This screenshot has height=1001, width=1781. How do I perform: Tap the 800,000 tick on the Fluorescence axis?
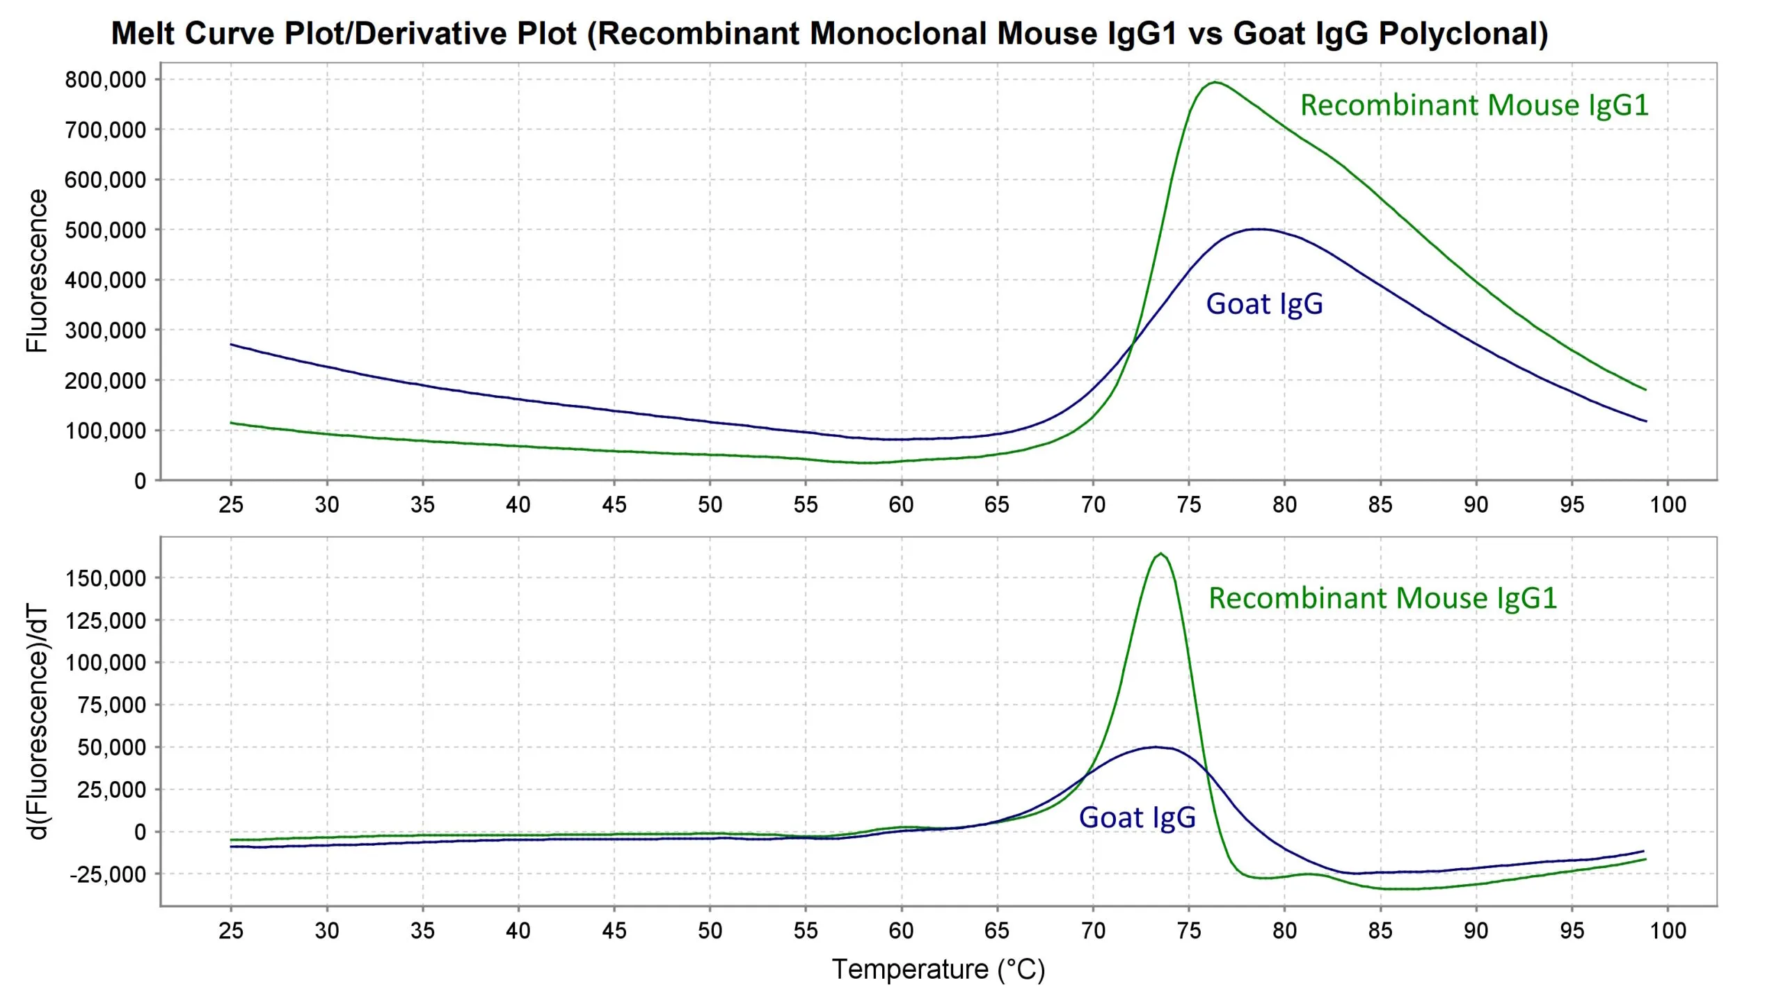[x=106, y=80]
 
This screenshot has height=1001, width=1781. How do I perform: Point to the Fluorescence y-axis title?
[x=37, y=271]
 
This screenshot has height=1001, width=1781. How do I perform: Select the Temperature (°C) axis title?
[x=938, y=969]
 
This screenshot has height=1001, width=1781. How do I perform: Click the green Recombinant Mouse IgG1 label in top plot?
[x=1474, y=105]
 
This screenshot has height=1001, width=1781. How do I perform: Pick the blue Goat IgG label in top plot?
[x=1264, y=304]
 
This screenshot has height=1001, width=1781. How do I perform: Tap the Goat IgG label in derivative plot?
[x=1137, y=817]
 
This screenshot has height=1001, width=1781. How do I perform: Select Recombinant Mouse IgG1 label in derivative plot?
[x=1382, y=598]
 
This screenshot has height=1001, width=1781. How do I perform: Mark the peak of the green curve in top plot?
[x=1215, y=82]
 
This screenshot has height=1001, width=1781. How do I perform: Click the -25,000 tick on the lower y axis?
[x=108, y=874]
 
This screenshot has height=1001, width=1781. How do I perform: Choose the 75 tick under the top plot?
[x=1188, y=504]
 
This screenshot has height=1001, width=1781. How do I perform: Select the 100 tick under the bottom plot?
[x=1668, y=931]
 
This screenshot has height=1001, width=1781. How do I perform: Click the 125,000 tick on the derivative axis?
[x=106, y=620]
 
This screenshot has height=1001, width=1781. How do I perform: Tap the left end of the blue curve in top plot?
[x=232, y=344]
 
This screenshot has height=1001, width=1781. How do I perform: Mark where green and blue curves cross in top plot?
[x=1133, y=342]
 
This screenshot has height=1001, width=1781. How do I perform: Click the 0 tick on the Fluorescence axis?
[x=140, y=481]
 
